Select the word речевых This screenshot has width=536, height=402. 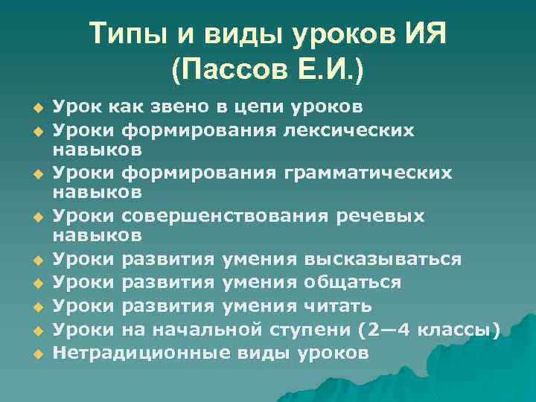[x=389, y=216]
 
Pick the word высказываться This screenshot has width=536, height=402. [x=382, y=259]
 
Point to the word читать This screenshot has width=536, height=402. [x=338, y=306]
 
